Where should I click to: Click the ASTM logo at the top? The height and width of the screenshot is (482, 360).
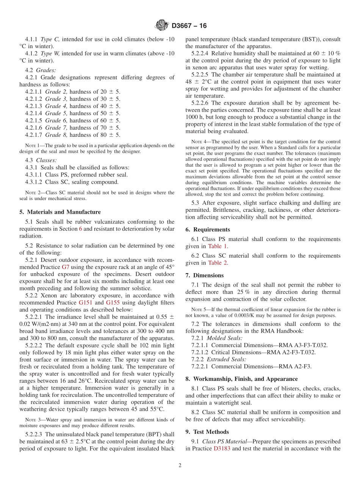click(x=162, y=26)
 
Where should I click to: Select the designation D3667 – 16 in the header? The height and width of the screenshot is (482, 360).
click(x=189, y=26)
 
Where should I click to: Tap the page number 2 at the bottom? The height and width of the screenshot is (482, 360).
click(x=180, y=465)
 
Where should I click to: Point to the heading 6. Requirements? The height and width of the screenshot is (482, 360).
click(x=208, y=230)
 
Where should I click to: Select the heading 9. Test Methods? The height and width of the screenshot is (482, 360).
click(x=207, y=432)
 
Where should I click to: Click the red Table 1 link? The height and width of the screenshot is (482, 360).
click(x=218, y=246)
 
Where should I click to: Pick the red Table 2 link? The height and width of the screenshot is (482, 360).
click(x=218, y=263)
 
